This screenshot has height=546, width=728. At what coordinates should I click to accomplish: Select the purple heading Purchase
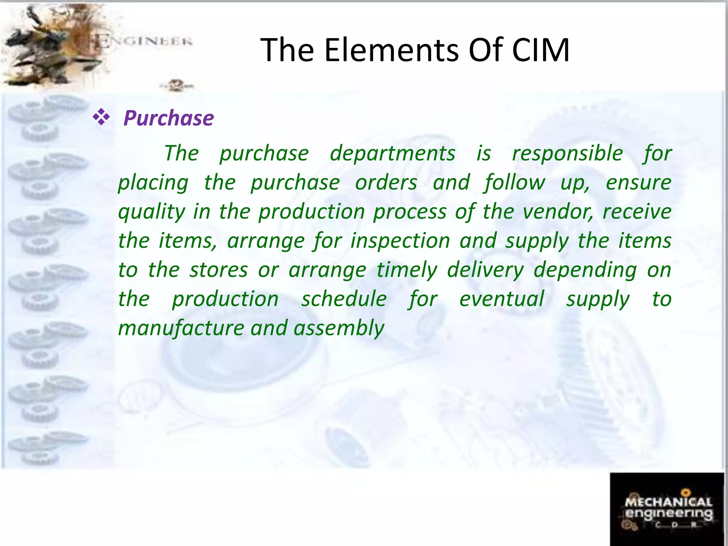pyautogui.click(x=168, y=118)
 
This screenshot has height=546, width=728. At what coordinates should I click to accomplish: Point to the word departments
pyautogui.click(x=392, y=154)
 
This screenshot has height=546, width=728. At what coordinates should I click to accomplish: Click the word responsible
pyautogui.click(x=567, y=154)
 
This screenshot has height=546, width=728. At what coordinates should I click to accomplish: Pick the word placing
pyautogui.click(x=153, y=183)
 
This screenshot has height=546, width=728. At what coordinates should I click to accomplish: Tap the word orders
pyautogui.click(x=386, y=183)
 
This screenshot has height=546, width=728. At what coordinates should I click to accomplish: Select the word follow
pyautogui.click(x=514, y=183)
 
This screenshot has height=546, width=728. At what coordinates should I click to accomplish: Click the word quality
pyautogui.click(x=152, y=212)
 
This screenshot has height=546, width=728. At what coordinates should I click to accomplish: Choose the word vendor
pyautogui.click(x=557, y=212)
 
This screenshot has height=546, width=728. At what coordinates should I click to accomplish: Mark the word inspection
pyautogui.click(x=400, y=241)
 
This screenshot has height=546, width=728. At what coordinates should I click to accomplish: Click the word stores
pyautogui.click(x=219, y=270)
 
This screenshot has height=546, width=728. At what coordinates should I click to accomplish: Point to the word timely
pyautogui.click(x=407, y=270)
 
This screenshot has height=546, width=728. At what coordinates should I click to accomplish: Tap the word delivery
pyautogui.click(x=485, y=270)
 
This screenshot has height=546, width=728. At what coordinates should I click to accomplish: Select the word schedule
pyautogui.click(x=344, y=299)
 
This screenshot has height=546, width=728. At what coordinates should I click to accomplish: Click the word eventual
pyautogui.click(x=502, y=299)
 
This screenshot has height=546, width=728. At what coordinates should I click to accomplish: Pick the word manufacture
pyautogui.click(x=181, y=328)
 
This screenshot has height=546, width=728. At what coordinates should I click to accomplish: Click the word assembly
pyautogui.click(x=339, y=328)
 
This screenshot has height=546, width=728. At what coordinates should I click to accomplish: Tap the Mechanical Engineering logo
pyautogui.click(x=667, y=509)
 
